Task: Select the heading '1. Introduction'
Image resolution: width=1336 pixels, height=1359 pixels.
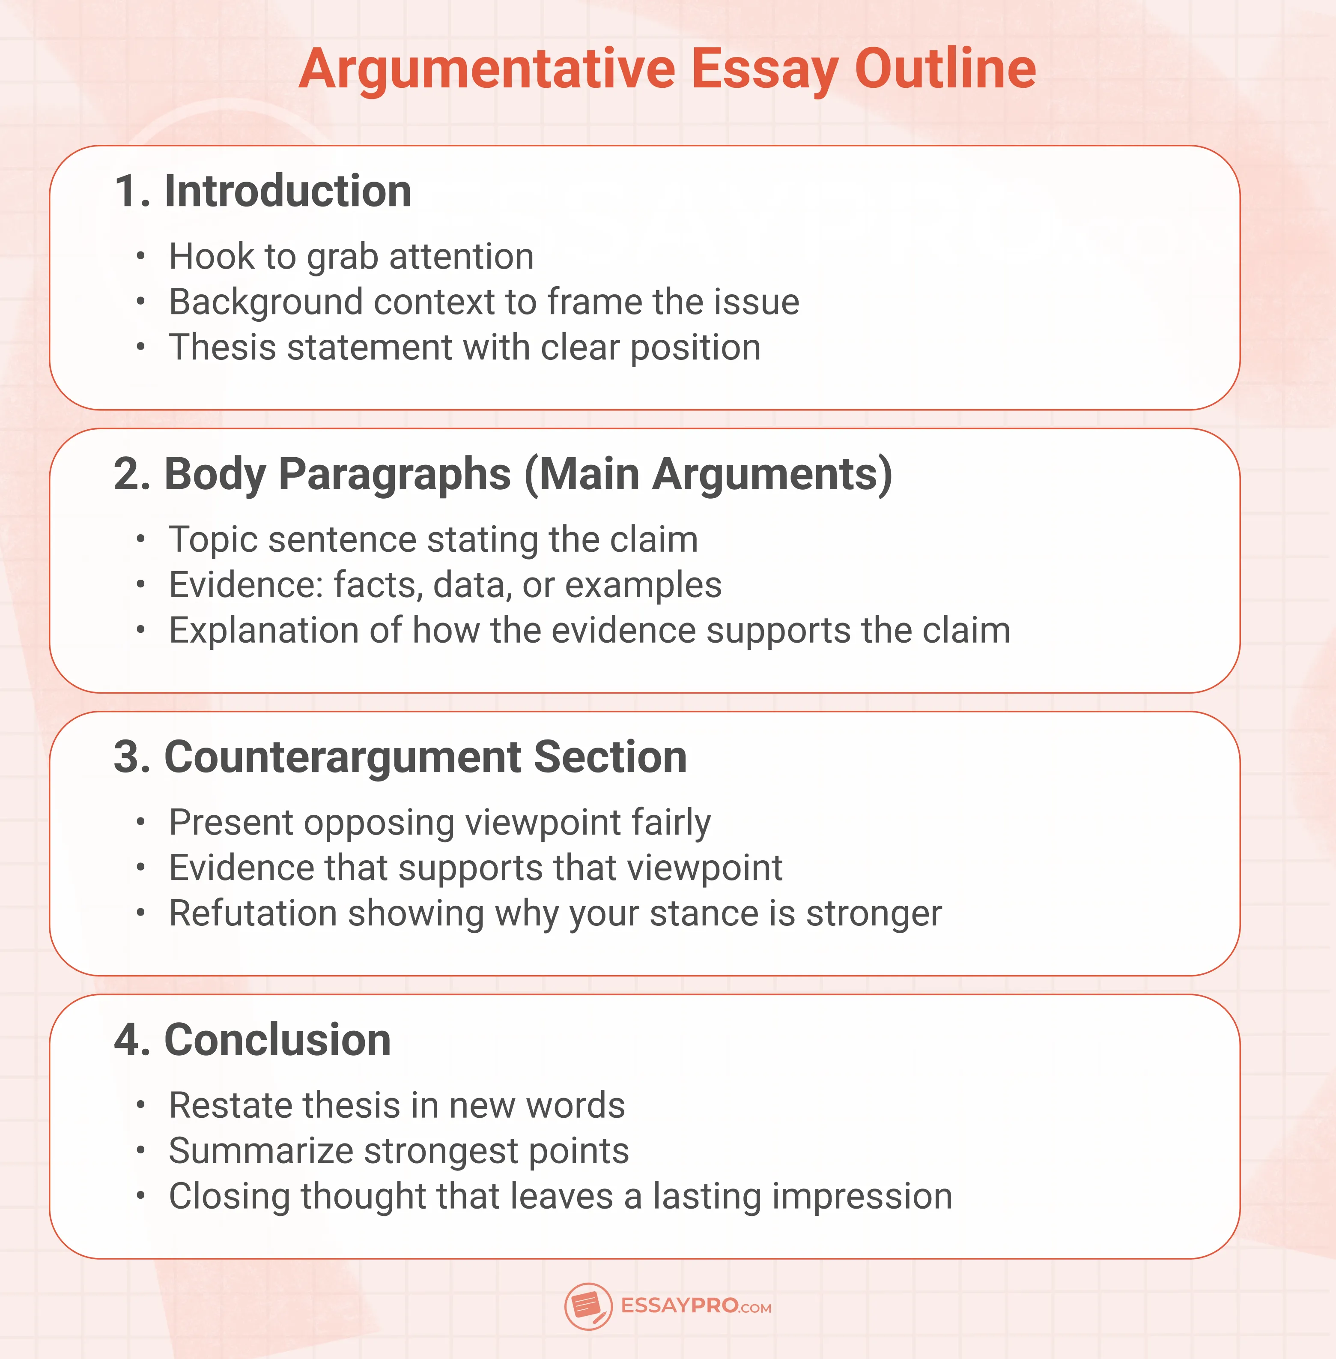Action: (263, 191)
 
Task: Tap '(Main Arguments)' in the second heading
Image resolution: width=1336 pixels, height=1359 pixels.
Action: (709, 475)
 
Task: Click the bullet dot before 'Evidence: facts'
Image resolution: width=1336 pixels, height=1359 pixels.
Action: (141, 585)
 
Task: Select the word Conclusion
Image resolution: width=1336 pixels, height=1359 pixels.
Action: (277, 1040)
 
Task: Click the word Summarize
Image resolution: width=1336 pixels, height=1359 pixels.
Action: (260, 1151)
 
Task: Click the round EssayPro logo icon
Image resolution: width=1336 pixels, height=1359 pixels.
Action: (588, 1306)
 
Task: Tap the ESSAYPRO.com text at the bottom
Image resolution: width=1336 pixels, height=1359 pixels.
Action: (695, 1306)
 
